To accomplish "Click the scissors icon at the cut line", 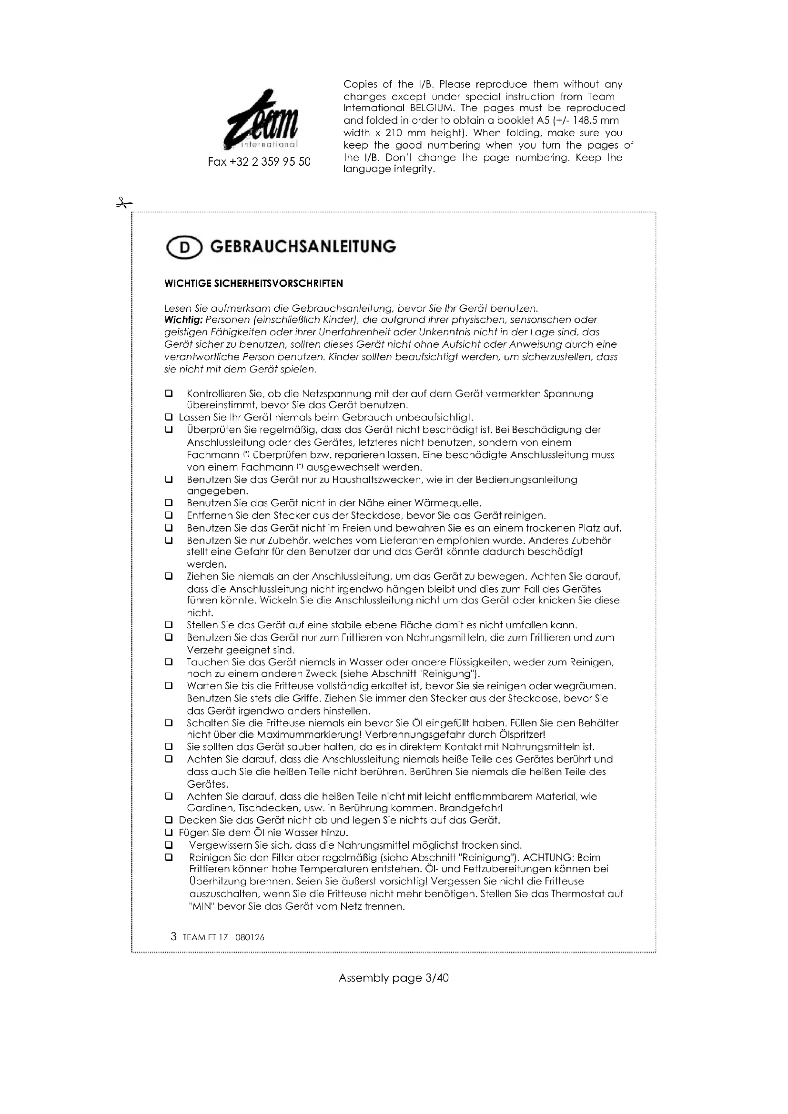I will click(x=124, y=203).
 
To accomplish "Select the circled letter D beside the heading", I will click(x=184, y=248).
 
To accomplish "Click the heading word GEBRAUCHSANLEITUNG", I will click(x=303, y=247).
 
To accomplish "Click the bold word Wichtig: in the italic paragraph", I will click(x=184, y=320).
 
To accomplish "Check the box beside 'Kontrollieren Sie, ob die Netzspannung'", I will click(x=169, y=393).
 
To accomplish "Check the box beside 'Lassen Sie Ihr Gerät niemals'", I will click(x=169, y=417).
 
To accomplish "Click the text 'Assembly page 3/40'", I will click(x=394, y=978).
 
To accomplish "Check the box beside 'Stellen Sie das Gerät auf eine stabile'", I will click(x=169, y=625).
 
